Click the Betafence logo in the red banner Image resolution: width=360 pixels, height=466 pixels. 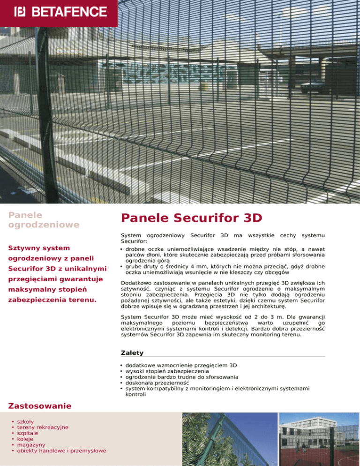(60, 11)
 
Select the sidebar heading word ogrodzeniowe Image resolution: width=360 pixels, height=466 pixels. (44, 225)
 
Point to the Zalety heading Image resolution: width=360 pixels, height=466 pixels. (132, 352)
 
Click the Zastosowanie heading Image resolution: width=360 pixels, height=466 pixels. (40, 406)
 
